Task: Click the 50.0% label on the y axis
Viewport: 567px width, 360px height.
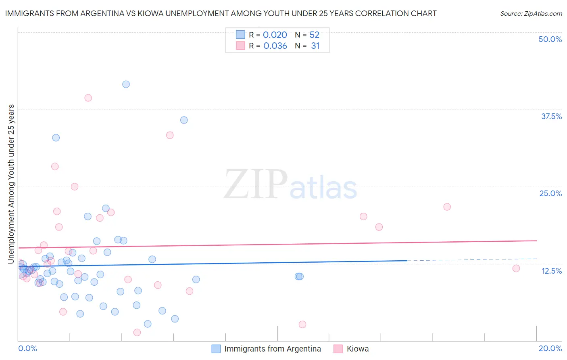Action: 550,39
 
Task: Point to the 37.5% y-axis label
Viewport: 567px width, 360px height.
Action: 551,116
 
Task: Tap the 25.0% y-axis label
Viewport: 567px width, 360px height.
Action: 550,193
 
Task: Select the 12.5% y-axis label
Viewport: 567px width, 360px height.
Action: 551,271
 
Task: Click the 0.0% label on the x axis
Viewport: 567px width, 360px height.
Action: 27,348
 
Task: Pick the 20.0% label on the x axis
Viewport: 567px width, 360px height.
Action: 550,348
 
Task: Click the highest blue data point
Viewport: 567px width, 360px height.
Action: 126,84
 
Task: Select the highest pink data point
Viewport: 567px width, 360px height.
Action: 88,98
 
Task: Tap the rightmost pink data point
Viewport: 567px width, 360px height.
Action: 516,268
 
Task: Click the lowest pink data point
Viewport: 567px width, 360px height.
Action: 137,333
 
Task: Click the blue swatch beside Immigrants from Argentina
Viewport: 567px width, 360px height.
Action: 216,349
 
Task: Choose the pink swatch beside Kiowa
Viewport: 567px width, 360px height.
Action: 338,349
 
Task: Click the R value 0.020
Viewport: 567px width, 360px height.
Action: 275,35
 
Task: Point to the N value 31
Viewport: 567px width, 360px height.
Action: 315,46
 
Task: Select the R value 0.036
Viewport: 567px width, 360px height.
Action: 275,46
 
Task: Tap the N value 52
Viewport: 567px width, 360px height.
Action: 314,35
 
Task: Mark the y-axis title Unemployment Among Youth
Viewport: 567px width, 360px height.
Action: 11,184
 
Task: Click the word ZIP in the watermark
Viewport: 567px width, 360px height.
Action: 255,184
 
